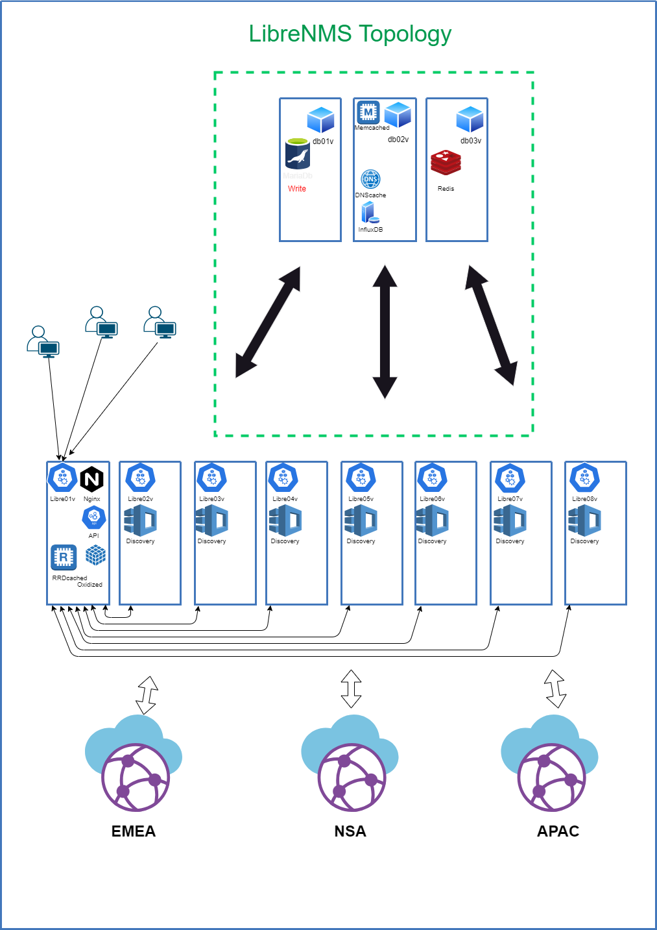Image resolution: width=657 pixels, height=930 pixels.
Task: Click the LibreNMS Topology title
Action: point(350,34)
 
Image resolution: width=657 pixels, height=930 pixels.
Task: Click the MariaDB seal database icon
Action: point(298,154)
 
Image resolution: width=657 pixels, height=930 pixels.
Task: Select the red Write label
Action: point(297,189)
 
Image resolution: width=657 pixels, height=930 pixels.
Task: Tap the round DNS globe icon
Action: point(370,179)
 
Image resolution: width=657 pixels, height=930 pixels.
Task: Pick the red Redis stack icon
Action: point(446,162)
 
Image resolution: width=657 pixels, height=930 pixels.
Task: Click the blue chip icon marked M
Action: point(368,112)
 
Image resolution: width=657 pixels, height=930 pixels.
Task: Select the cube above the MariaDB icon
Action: point(320,120)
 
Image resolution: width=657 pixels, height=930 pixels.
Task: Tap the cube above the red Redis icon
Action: point(470,120)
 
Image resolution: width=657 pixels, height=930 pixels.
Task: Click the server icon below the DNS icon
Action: point(370,212)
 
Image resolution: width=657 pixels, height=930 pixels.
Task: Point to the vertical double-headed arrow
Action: point(385,331)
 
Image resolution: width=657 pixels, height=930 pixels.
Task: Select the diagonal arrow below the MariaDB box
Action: point(268,322)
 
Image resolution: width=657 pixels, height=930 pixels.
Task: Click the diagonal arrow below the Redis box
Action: point(491,325)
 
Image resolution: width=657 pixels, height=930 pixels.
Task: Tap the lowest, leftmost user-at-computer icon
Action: point(43,341)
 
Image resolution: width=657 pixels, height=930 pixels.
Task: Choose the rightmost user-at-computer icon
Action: point(160,322)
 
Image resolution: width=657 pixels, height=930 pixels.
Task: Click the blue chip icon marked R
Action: point(64,557)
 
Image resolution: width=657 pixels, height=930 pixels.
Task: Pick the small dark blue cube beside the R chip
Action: point(95,555)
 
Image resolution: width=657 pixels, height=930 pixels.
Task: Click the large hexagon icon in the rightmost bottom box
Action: point(585,478)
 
